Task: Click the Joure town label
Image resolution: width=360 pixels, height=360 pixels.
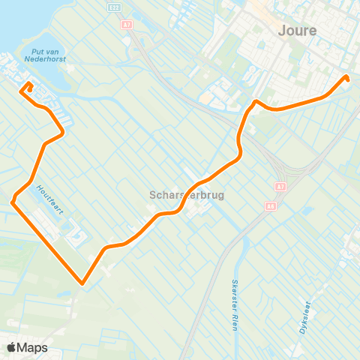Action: pos(297,31)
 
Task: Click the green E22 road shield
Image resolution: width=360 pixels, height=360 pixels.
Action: pos(113,7)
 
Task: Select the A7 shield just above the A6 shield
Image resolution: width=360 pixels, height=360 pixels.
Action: pos(280,186)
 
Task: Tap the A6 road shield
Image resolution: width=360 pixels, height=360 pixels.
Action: pos(270,205)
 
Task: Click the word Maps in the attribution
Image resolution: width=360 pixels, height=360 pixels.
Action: pos(33,347)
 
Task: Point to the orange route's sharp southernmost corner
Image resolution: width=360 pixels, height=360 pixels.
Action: pos(81,283)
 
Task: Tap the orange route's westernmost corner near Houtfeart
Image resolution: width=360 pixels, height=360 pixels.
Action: pos(13,201)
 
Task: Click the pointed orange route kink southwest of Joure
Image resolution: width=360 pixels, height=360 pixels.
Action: pos(256,100)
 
